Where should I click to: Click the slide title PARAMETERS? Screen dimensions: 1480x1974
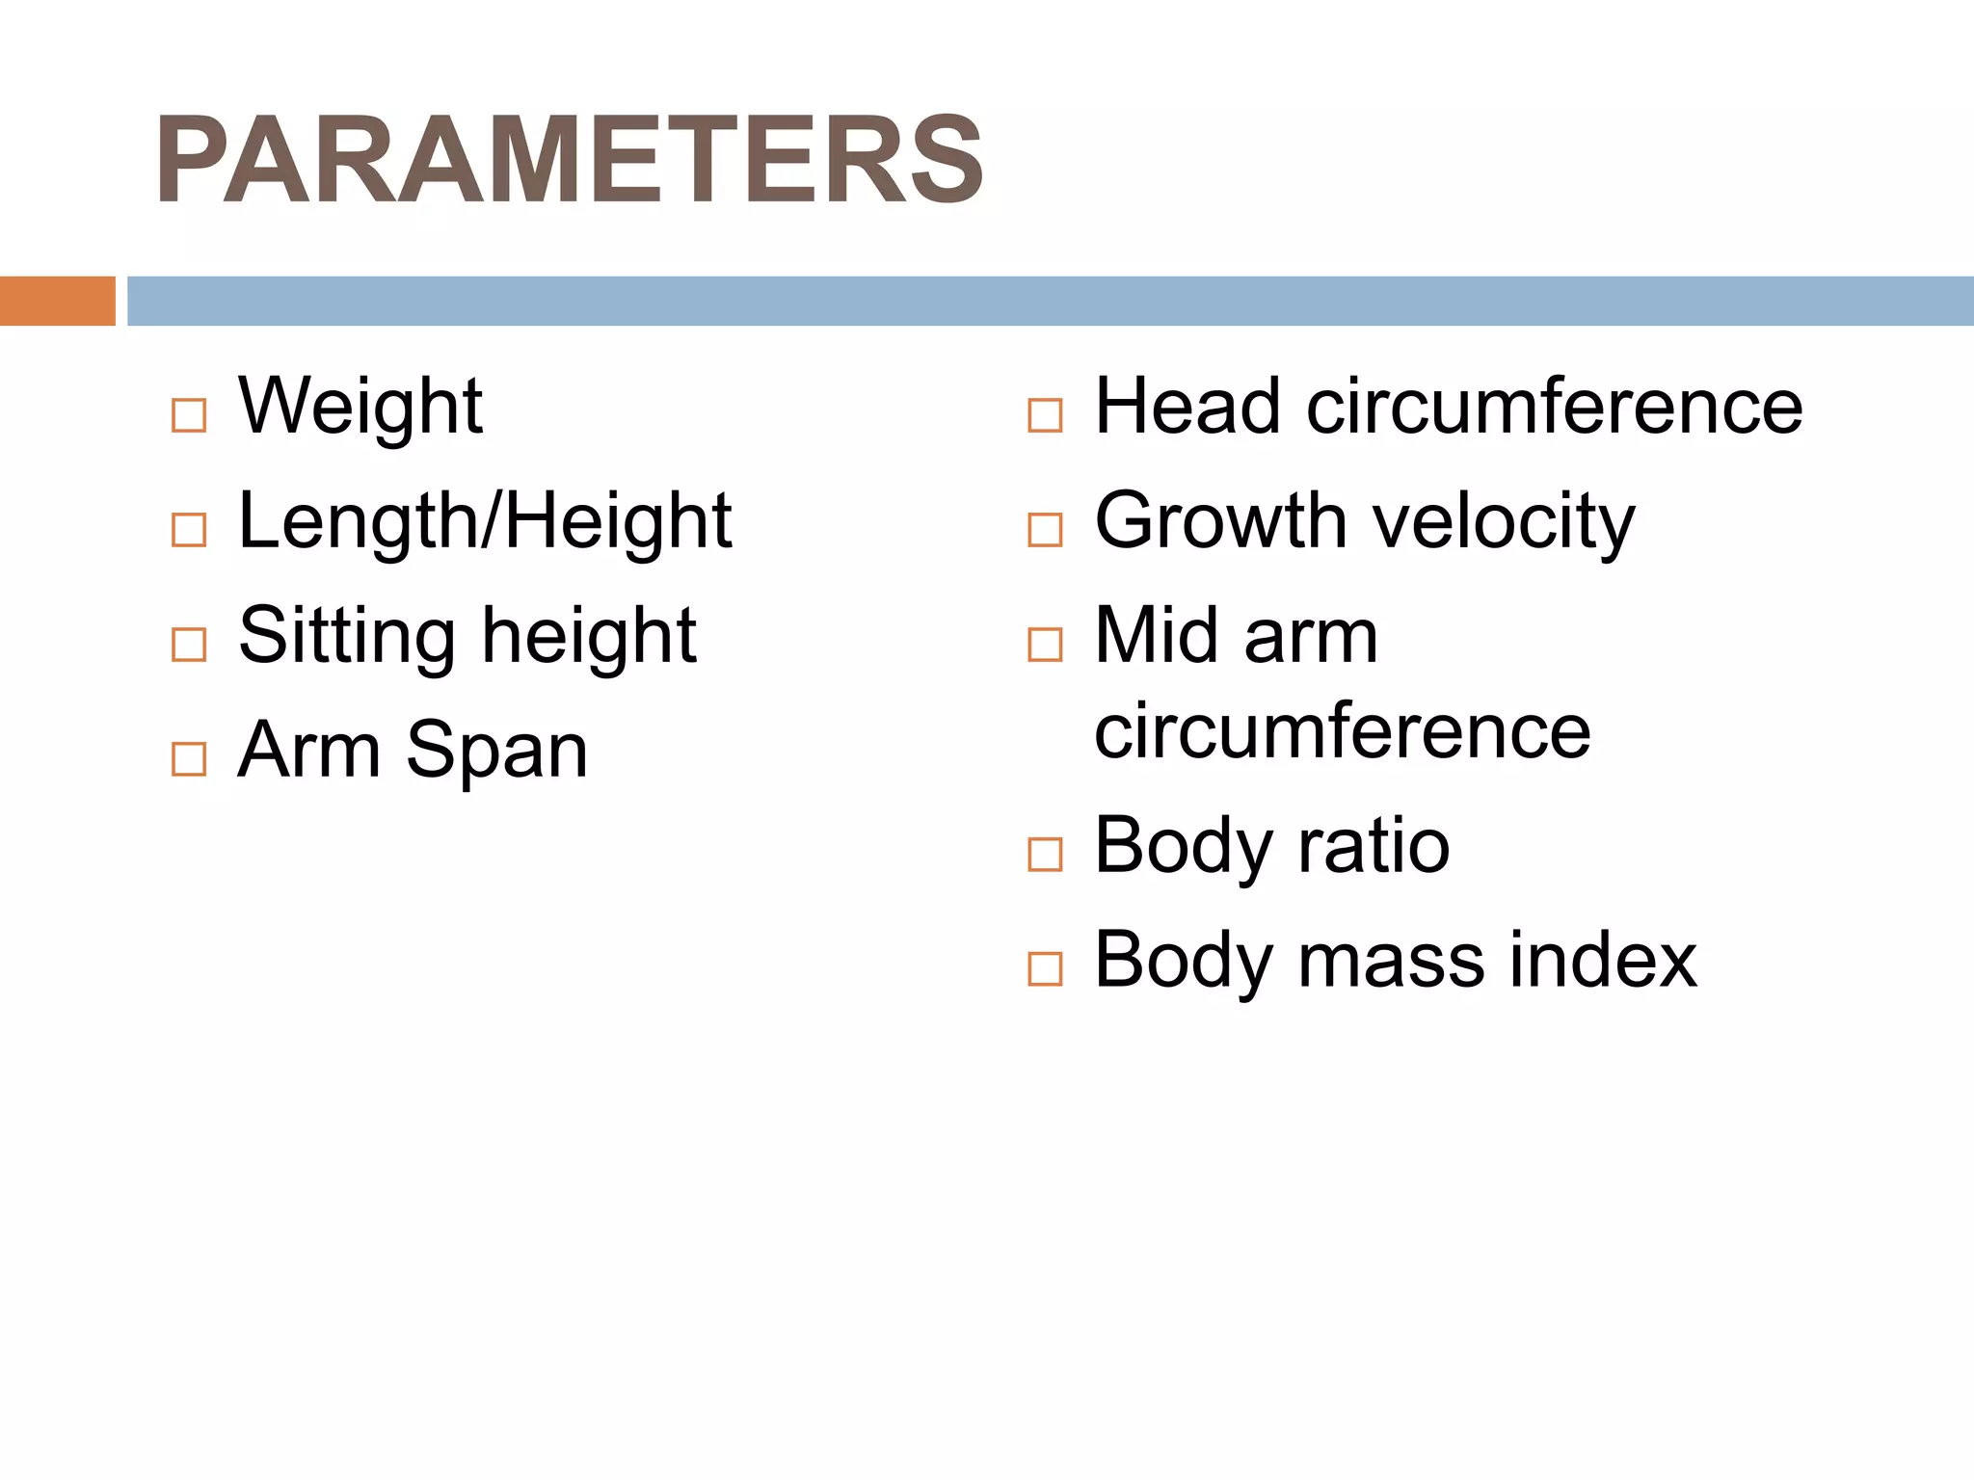coord(569,160)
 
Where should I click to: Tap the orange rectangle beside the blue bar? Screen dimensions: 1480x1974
coord(57,301)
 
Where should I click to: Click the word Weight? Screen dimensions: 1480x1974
coord(360,407)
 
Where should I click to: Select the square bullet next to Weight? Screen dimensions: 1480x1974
coord(189,415)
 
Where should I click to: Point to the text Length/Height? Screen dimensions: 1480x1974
coord(485,521)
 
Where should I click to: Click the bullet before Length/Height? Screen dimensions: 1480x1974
coord(189,530)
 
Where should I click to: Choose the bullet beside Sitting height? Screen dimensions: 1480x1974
coord(189,645)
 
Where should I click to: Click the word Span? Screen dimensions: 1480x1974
coord(496,751)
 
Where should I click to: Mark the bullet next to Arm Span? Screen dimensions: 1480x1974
coord(189,759)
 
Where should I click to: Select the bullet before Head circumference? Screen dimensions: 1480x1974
coord(1045,415)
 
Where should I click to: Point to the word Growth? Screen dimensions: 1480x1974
coord(1220,521)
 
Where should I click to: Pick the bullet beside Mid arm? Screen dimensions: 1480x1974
coord(1045,645)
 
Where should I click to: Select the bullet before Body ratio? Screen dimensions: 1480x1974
coord(1045,855)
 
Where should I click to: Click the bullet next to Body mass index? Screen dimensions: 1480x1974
coord(1045,968)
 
